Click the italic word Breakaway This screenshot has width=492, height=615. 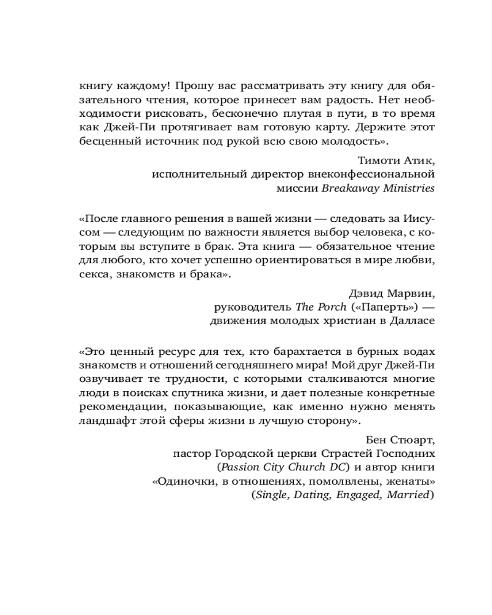point(348,189)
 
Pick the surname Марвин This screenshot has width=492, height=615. point(410,292)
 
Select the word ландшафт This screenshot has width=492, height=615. point(105,421)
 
